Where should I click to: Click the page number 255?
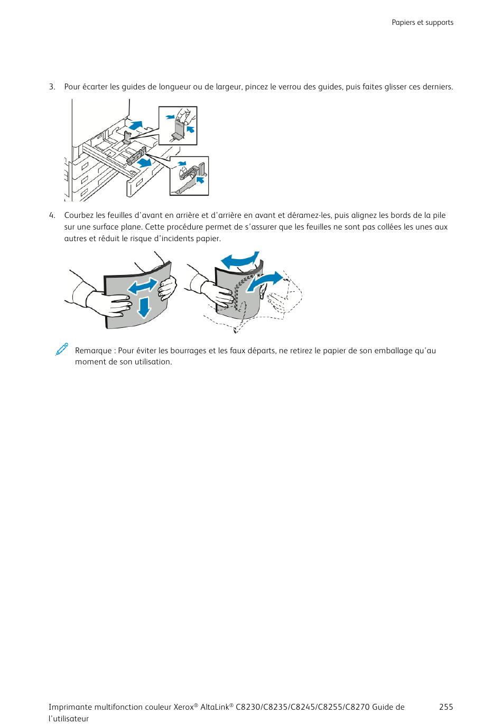tap(445, 707)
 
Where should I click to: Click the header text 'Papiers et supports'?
tap(422, 23)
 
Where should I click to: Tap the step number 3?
tap(52, 87)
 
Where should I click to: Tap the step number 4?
tap(52, 215)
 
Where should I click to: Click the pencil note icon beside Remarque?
tap(62, 350)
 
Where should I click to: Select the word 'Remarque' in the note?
tap(93, 351)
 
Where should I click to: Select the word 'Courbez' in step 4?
tap(79, 215)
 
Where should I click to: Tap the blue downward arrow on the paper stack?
tap(144, 307)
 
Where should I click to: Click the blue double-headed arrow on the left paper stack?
tap(143, 286)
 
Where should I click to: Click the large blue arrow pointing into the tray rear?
tap(136, 125)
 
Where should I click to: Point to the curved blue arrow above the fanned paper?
tap(240, 260)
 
